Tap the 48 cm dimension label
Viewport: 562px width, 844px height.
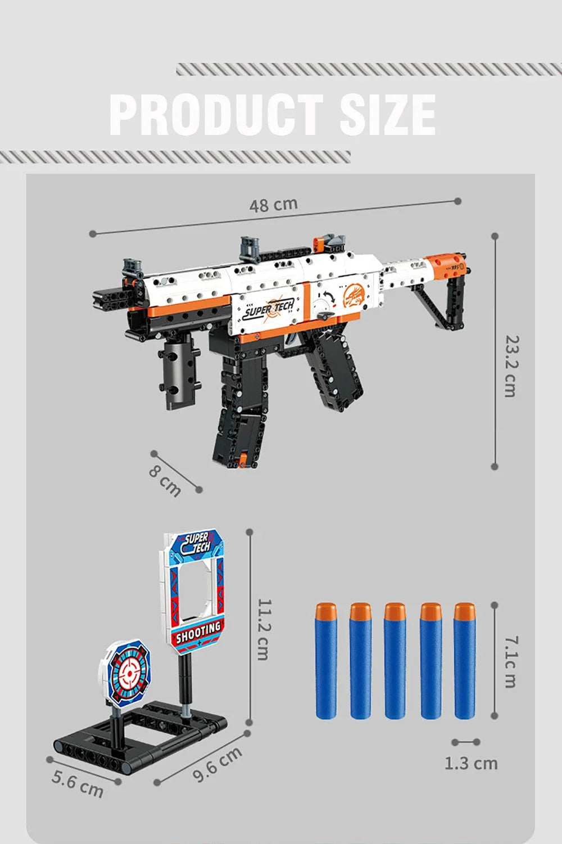(x=274, y=205)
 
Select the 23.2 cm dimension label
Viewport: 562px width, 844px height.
(x=510, y=366)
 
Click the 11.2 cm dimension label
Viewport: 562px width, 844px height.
(x=262, y=628)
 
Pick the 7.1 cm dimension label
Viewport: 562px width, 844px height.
(x=510, y=661)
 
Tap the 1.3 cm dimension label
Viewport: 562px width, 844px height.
(x=471, y=763)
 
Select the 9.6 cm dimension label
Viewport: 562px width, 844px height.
(x=217, y=765)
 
